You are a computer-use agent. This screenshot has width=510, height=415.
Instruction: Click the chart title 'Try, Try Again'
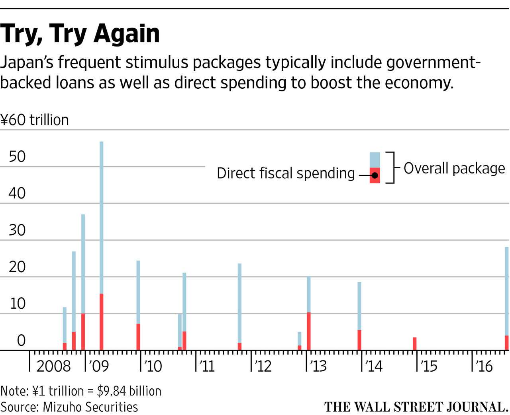pyautogui.click(x=80, y=33)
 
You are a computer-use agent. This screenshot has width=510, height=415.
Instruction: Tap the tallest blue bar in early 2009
pyautogui.click(x=102, y=215)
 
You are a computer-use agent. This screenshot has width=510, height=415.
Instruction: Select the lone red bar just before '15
pyautogui.click(x=415, y=344)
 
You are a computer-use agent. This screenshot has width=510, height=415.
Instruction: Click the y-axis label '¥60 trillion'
pyautogui.click(x=35, y=120)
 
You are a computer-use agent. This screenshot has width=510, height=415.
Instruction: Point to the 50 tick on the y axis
pyautogui.click(x=17, y=156)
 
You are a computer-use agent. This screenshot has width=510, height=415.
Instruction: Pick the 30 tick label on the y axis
pyautogui.click(x=17, y=230)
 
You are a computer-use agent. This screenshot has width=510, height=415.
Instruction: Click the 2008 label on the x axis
pyautogui.click(x=53, y=366)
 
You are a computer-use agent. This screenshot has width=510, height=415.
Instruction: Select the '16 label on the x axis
pyautogui.click(x=484, y=366)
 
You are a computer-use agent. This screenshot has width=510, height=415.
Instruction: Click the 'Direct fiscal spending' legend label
pyautogui.click(x=286, y=173)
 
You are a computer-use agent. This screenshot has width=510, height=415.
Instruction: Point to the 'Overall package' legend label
pyautogui.click(x=454, y=168)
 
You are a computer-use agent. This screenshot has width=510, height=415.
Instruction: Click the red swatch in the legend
pyautogui.click(x=375, y=175)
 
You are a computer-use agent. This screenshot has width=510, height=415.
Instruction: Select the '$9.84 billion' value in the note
pyautogui.click(x=129, y=391)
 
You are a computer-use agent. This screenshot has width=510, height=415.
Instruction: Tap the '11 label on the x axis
pyautogui.click(x=207, y=366)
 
